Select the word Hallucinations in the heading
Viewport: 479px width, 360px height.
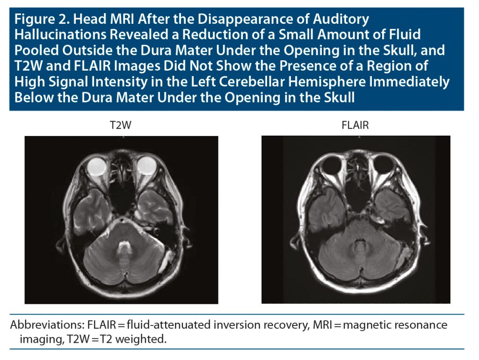tap(58, 35)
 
